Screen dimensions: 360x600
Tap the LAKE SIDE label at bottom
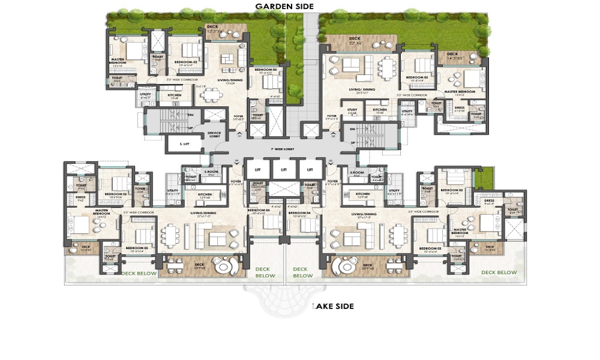(x=333, y=306)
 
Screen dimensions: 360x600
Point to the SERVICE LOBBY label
(x=214, y=134)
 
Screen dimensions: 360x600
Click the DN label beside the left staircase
(x=191, y=115)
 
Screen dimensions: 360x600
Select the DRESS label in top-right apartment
(x=460, y=109)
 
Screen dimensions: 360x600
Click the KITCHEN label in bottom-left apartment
(x=205, y=194)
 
